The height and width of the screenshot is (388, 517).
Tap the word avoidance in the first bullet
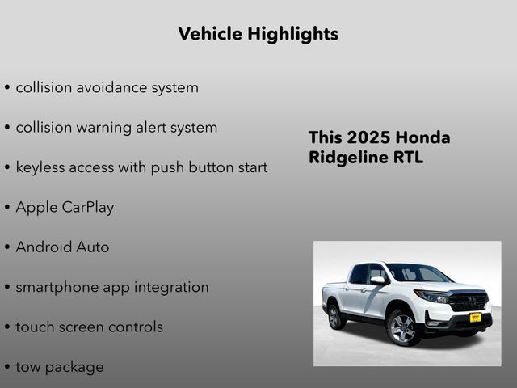pos(113,87)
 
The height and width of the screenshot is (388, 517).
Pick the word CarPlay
pos(86,207)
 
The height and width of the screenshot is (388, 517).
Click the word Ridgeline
pos(345,157)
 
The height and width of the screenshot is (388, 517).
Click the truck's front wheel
pos(401,328)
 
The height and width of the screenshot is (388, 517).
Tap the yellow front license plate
pos(475,317)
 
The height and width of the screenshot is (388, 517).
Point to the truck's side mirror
pos(377,280)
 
